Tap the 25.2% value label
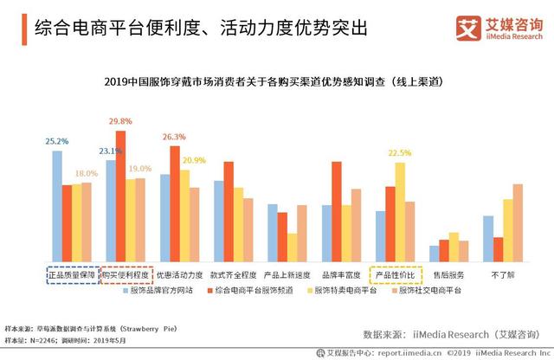[57, 141]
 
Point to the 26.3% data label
[174, 137]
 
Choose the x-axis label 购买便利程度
[125, 274]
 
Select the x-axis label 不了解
[500, 274]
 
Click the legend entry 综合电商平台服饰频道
[256, 291]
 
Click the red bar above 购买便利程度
[120, 196]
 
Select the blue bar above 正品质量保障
[57, 206]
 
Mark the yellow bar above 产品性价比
[399, 212]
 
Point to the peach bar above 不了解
[518, 222]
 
